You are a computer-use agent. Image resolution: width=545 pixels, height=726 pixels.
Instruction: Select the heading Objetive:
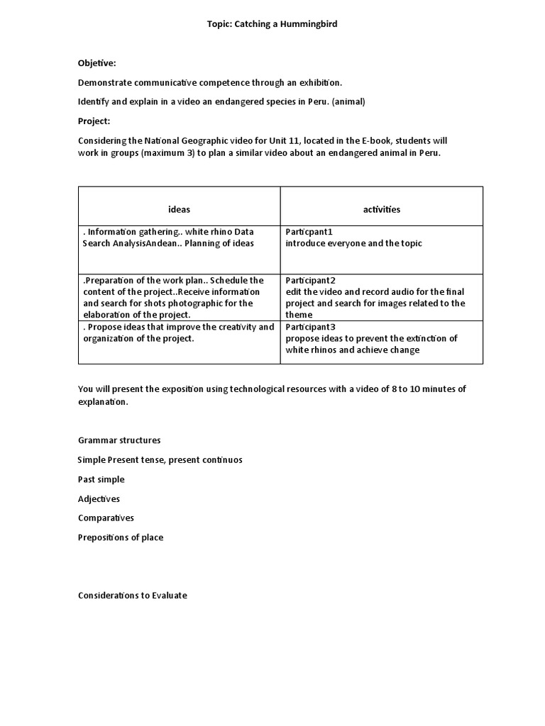97,63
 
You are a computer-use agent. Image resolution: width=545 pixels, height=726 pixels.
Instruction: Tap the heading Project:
94,121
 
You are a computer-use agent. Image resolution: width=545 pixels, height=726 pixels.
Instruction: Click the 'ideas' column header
179,209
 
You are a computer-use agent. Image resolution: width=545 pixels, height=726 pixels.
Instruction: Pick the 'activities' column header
381,209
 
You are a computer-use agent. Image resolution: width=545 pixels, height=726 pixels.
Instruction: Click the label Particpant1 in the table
309,232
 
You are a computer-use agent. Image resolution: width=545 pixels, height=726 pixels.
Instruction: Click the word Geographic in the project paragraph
199,140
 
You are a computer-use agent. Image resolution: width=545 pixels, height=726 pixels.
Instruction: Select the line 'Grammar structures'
119,440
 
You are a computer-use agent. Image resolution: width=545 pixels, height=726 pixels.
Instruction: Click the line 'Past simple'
101,479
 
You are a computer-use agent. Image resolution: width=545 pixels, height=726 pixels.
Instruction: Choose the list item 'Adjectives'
99,498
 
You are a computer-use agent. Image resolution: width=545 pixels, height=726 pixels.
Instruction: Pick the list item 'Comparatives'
106,518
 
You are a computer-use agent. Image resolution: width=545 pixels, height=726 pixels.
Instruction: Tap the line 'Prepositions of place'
121,537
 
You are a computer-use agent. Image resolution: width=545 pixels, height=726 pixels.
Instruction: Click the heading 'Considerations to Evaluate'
133,596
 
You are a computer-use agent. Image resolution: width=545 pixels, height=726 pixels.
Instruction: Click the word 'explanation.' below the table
104,401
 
